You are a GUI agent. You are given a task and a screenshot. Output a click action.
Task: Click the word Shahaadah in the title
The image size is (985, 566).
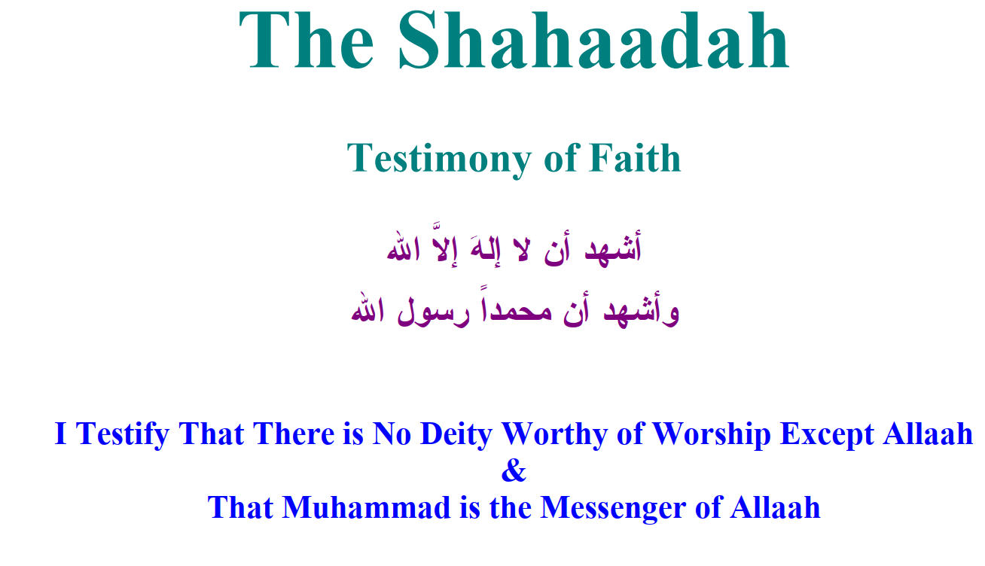click(x=593, y=40)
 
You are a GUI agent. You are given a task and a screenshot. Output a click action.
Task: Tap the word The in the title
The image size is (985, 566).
click(x=306, y=40)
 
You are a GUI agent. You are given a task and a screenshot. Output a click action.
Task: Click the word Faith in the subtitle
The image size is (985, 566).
click(x=636, y=157)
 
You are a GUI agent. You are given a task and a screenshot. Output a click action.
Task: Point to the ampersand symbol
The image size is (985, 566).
click(x=514, y=470)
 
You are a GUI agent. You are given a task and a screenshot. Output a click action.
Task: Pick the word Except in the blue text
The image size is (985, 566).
click(x=827, y=435)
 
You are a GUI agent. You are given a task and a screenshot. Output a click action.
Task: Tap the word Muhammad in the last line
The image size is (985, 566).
click(x=367, y=507)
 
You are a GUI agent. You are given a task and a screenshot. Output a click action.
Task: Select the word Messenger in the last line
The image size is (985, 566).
click(x=613, y=509)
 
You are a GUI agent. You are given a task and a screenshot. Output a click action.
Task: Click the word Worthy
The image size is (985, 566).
click(x=555, y=435)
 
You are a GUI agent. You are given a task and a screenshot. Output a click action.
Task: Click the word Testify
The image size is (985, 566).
click(x=123, y=435)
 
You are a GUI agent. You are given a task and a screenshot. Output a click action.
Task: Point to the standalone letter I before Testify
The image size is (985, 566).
click(x=61, y=434)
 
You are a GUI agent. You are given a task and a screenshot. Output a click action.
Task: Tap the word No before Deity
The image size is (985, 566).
click(x=392, y=434)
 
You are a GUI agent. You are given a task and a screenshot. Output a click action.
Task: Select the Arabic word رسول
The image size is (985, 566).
click(x=434, y=312)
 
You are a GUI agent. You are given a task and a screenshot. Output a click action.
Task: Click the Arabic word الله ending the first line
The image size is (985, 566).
click(x=403, y=248)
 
